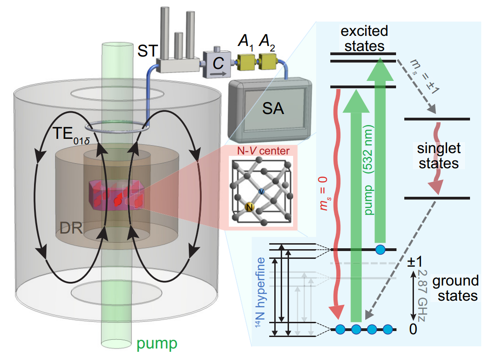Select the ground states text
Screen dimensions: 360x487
point(455,288)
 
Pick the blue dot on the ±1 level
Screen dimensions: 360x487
point(380,250)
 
